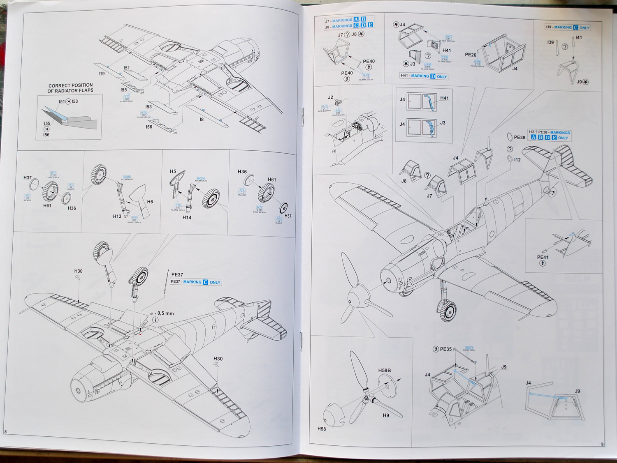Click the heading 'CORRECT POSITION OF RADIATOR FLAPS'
[70, 88]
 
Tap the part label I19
[101, 74]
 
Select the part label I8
[202, 120]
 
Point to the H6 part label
[150, 202]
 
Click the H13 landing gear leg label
[117, 216]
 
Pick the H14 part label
[187, 217]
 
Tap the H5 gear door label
[173, 171]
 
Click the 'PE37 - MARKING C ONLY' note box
[196, 282]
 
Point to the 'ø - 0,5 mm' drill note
[162, 313]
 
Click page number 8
[5, 431]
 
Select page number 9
[602, 444]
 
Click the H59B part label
[384, 371]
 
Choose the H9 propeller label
[385, 415]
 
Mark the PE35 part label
[446, 349]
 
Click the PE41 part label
[543, 258]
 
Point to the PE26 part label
[471, 55]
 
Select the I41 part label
[579, 38]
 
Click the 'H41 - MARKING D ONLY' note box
[424, 76]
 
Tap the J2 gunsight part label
[330, 98]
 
